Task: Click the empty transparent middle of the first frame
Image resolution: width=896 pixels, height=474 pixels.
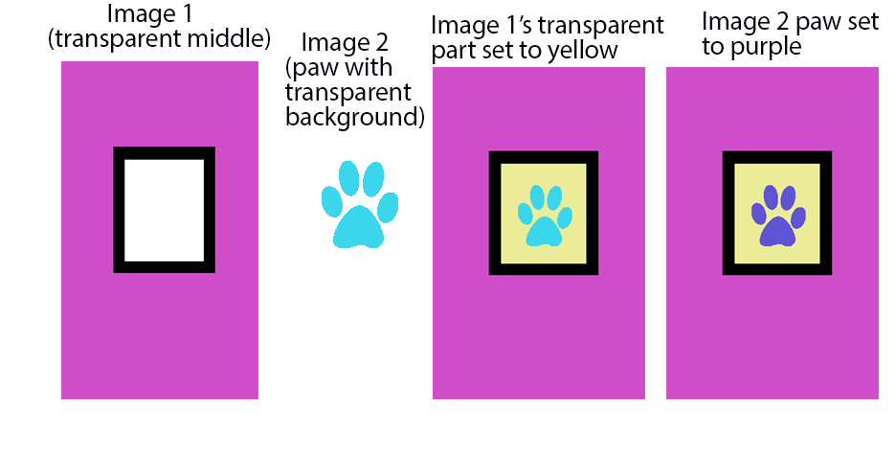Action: (164, 210)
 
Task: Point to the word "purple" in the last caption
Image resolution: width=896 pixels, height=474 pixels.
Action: (767, 46)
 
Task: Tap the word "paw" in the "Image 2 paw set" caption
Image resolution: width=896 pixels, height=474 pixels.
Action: (810, 22)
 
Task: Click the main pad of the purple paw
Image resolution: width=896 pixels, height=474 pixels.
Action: (776, 231)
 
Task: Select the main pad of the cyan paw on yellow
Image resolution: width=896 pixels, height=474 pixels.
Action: (544, 231)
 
